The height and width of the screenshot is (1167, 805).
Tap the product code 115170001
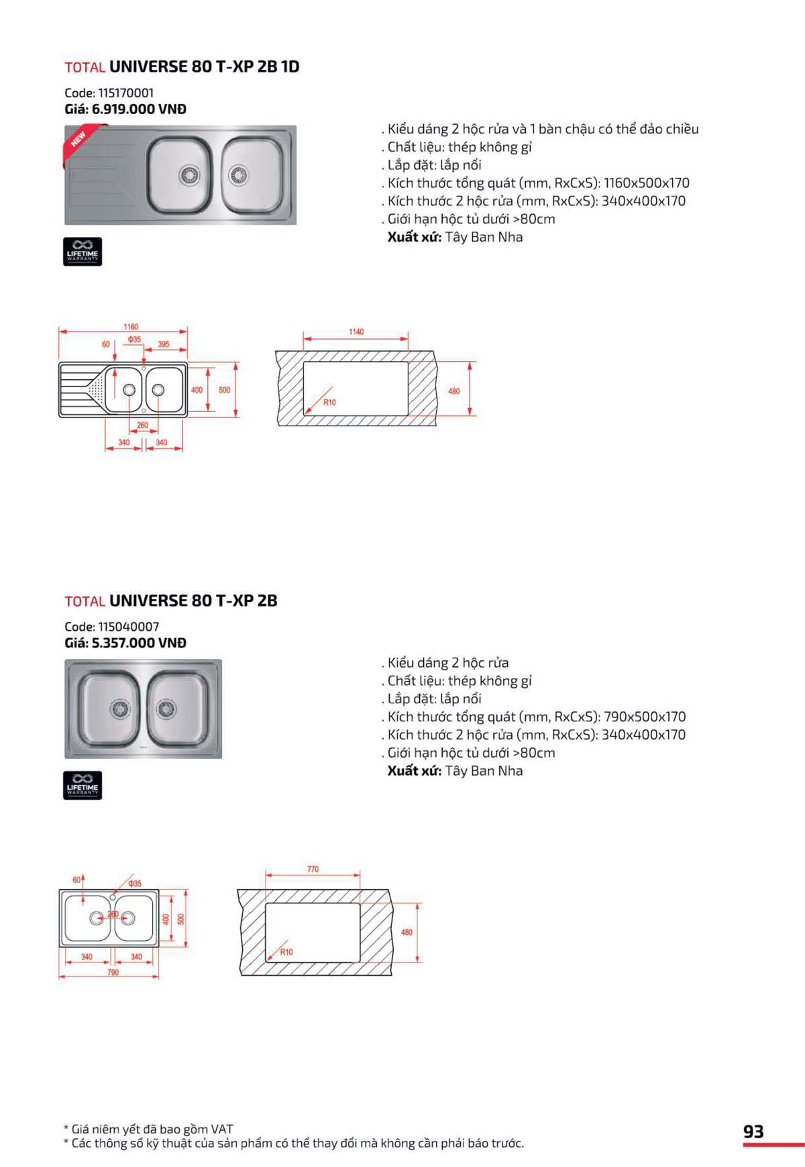click(x=125, y=93)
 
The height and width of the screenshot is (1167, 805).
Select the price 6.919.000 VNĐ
click(x=139, y=109)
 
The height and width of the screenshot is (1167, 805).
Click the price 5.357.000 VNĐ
click(x=139, y=643)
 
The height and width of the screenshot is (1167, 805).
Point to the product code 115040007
click(x=128, y=627)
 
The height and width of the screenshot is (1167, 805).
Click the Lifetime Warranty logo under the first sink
click(x=83, y=252)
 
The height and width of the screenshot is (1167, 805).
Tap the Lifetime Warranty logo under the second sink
click(x=83, y=785)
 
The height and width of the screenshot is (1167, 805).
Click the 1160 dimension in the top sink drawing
click(x=131, y=327)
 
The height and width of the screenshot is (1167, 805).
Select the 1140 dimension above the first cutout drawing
click(x=356, y=332)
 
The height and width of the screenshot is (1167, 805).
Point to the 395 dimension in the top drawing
click(x=164, y=344)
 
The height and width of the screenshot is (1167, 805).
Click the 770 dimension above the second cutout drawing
click(x=313, y=869)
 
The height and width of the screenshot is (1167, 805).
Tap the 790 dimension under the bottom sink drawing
click(x=113, y=972)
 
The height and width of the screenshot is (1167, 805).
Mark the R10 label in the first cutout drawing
click(x=329, y=403)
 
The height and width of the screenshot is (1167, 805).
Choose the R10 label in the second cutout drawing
click(x=286, y=952)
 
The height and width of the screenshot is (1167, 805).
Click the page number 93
click(x=753, y=1131)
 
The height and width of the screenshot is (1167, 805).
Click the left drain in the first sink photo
click(x=190, y=176)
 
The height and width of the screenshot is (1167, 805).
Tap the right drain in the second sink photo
click(x=166, y=708)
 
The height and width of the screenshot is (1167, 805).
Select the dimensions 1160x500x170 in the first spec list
click(x=646, y=183)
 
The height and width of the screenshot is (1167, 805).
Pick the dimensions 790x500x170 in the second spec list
click(x=645, y=717)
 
